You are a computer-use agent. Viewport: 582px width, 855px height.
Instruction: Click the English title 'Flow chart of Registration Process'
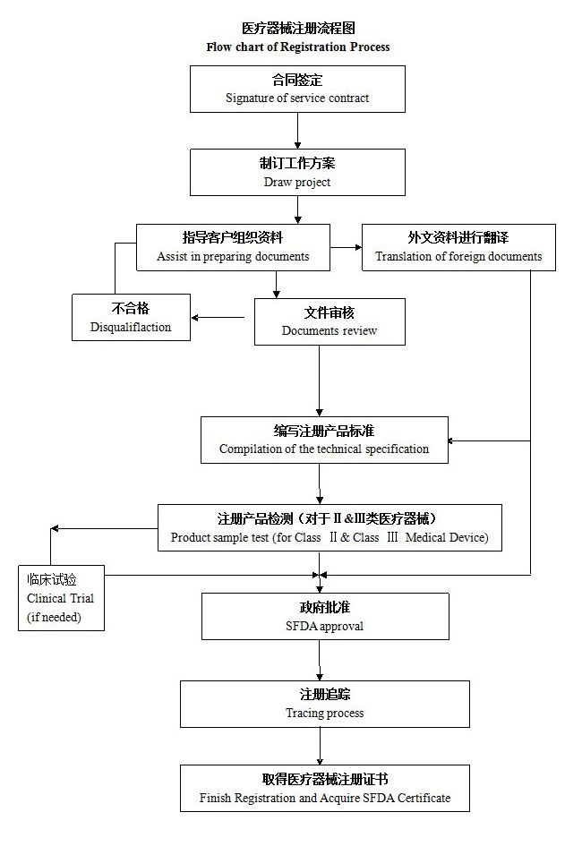coord(297,47)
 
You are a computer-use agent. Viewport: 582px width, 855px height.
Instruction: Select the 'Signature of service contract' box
coord(297,89)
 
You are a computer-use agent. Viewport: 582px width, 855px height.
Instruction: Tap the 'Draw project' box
coord(297,172)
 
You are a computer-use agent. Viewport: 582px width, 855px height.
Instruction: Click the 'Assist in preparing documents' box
coord(233,247)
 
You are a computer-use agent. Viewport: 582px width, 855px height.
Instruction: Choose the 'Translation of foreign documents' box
coord(458,247)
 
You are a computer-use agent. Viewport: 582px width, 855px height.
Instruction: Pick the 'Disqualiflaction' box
coord(130,318)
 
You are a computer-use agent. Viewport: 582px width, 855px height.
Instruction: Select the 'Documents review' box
coord(330,321)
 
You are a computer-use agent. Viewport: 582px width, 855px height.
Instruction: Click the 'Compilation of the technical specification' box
coord(324,440)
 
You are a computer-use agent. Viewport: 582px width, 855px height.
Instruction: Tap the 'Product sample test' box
coord(330,527)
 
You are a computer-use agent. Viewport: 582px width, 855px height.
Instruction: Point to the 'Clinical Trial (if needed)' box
coord(61,597)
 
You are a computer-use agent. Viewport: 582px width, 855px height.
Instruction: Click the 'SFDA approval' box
coord(324,616)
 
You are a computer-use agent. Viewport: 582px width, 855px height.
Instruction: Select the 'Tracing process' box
coord(324,704)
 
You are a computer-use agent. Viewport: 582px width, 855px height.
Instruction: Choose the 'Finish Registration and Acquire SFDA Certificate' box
coord(324,788)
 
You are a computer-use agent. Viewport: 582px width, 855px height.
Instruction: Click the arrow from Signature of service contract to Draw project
coord(297,130)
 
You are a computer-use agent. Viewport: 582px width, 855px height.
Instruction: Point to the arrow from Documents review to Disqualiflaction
coord(219,317)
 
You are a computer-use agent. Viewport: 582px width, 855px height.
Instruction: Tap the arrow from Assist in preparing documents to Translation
coord(346,246)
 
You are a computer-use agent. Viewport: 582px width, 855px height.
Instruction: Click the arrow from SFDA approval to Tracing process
coord(320,661)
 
